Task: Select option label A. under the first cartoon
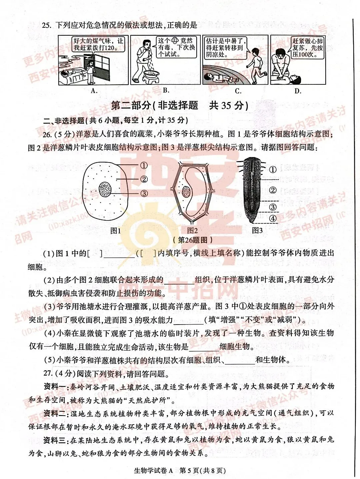pyautogui.click(x=94, y=91)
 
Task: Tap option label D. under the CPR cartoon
pyautogui.click(x=298, y=91)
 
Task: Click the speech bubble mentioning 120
pyautogui.click(x=98, y=44)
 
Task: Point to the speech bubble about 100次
pyautogui.click(x=307, y=48)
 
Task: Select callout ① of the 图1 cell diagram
pyautogui.click(x=144, y=165)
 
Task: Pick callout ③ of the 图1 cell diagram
pyautogui.click(x=144, y=193)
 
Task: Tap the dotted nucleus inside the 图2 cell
pyautogui.click(x=186, y=192)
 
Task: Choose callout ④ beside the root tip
pyautogui.click(x=273, y=218)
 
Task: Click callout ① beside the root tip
pyautogui.click(x=273, y=169)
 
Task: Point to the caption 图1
pyautogui.click(x=115, y=230)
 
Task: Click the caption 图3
pyautogui.click(x=257, y=230)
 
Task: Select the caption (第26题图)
pyautogui.click(x=193, y=239)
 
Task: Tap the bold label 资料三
pyautogui.click(x=55, y=440)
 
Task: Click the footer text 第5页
pyautogui.click(x=189, y=471)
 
